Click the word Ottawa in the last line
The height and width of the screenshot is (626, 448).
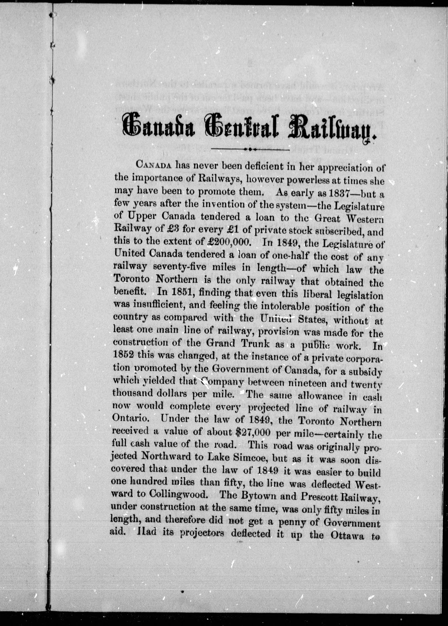337,535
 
